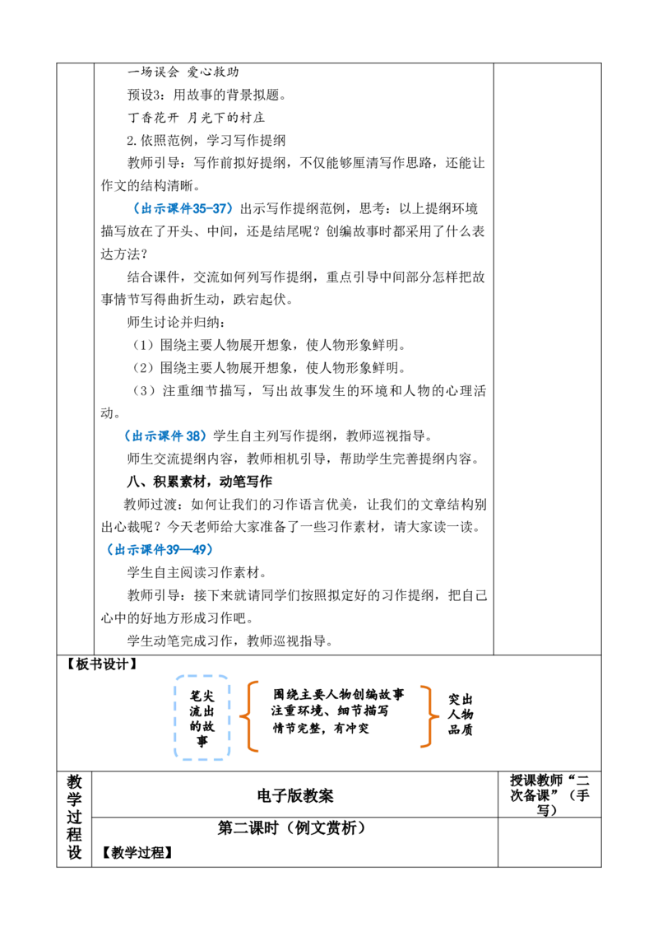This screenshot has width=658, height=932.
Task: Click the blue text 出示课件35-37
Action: tap(183, 208)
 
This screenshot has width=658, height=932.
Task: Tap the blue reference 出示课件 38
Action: tap(165, 436)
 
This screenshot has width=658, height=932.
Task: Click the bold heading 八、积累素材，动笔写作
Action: tap(200, 482)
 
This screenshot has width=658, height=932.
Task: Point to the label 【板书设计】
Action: tap(101, 664)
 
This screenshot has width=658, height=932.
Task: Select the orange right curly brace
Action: tap(427, 716)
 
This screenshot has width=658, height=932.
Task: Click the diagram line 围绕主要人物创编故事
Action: tap(339, 694)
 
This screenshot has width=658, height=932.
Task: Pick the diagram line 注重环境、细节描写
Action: tap(330, 711)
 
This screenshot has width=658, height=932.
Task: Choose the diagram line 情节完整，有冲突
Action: tap(321, 728)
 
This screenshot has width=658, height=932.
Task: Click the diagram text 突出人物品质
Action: tap(461, 715)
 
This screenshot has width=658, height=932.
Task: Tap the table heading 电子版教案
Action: tap(295, 796)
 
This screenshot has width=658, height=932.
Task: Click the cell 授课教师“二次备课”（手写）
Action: tap(549, 795)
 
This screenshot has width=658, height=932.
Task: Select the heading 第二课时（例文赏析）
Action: tap(292, 828)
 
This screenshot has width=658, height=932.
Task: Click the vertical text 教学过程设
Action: tap(74, 817)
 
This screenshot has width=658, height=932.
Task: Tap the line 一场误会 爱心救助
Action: tap(183, 72)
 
